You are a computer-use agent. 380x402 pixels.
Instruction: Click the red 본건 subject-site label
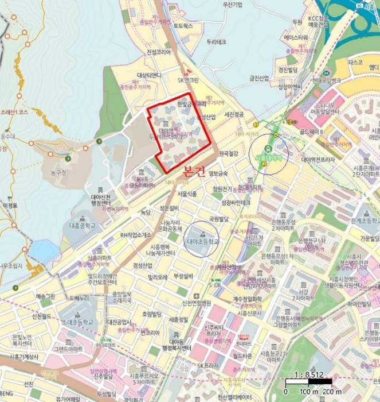(193, 171)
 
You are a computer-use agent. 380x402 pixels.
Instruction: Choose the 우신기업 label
(232, 5)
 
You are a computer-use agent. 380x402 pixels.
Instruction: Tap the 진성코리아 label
(159, 52)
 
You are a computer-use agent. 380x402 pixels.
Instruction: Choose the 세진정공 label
(234, 114)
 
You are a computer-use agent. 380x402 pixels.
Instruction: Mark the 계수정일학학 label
(248, 298)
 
